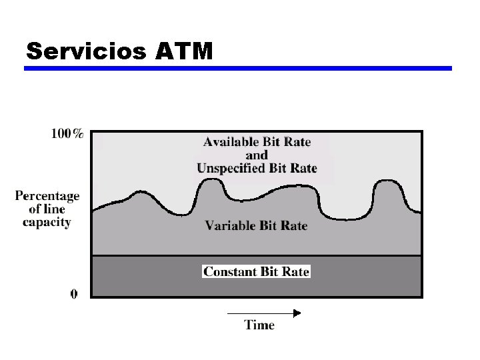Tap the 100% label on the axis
(67, 134)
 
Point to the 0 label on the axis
(73, 293)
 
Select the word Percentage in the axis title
(47, 196)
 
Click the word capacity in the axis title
(47, 223)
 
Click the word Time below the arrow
(259, 325)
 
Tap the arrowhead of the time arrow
(297, 313)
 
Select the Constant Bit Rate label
(257, 271)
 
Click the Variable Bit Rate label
(256, 225)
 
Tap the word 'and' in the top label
(257, 155)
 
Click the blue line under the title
(239, 68)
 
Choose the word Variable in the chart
(228, 225)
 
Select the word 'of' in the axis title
(35, 209)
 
